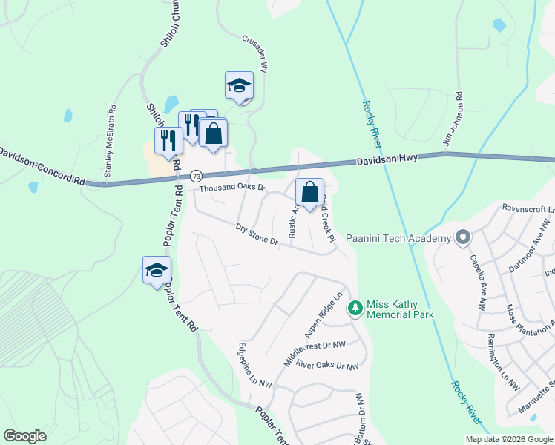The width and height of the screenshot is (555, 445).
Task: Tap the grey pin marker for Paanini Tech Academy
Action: tap(464, 238)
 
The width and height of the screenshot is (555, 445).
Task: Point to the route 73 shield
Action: tap(196, 176)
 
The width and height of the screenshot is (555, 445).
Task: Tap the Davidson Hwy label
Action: tap(387, 159)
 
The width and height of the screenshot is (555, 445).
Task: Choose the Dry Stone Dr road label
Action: tap(257, 235)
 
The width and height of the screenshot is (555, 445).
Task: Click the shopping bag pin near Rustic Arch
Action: tap(310, 193)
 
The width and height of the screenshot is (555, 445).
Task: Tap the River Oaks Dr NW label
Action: tap(327, 366)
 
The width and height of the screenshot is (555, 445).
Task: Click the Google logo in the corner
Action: tap(24, 436)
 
